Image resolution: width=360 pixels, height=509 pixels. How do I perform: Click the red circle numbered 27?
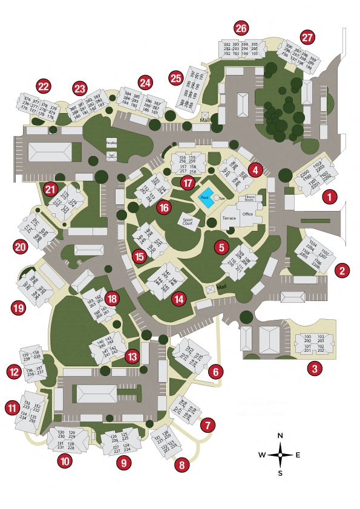point(308,37)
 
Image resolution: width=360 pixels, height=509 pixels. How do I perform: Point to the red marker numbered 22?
point(44,86)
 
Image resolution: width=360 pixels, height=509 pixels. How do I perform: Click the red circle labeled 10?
point(65,461)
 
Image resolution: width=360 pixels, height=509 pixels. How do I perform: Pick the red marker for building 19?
point(18,309)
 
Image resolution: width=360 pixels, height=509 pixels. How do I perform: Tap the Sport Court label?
point(187,221)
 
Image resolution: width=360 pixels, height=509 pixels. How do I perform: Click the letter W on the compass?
point(261,455)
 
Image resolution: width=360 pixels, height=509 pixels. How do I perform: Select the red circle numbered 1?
point(329,196)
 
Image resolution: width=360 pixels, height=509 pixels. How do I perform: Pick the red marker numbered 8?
point(181,465)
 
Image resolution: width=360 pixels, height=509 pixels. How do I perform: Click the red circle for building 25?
point(175,78)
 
